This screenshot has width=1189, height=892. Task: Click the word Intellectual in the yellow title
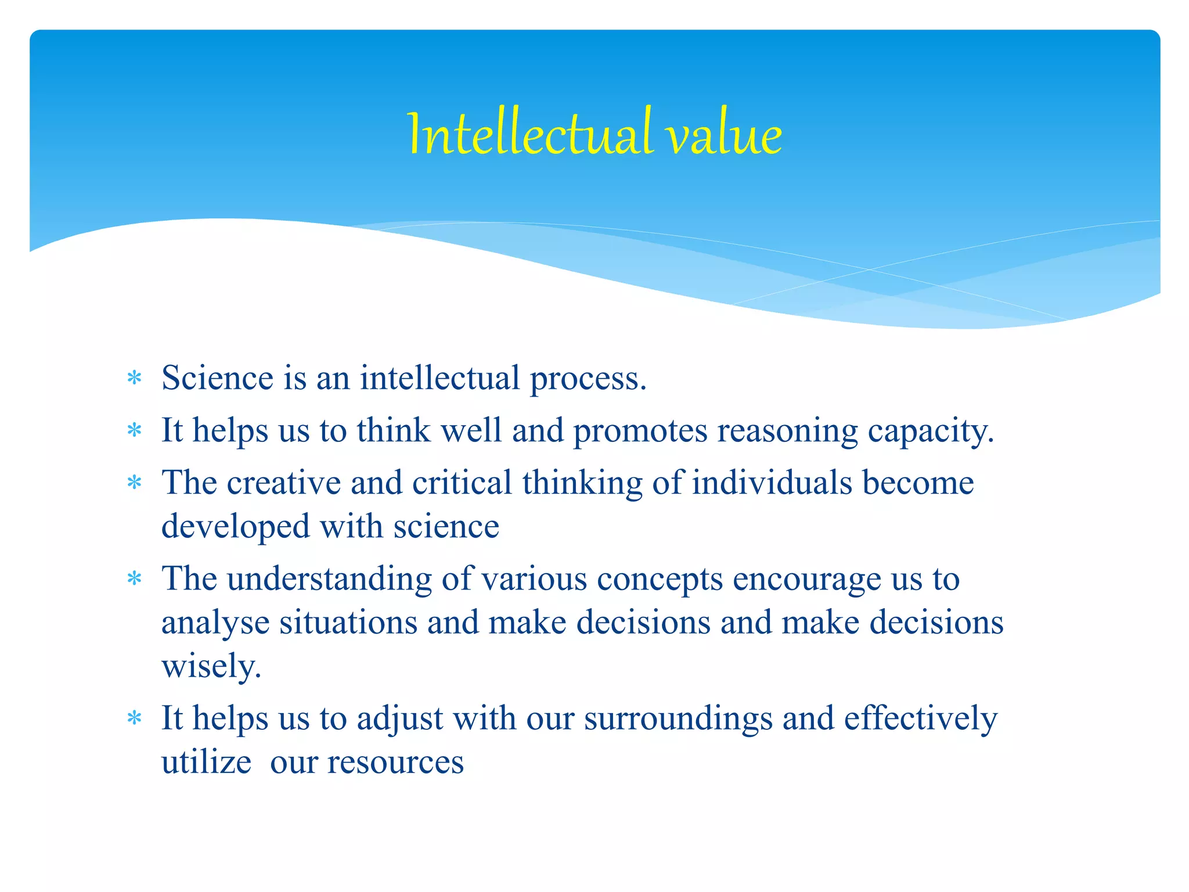(530, 135)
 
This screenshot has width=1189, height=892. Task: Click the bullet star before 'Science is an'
(135, 379)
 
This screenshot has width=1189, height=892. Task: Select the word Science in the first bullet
(217, 378)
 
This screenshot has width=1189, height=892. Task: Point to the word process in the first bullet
(587, 379)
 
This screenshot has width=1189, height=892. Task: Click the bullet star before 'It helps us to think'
(135, 431)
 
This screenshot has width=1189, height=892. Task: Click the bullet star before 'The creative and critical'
(135, 483)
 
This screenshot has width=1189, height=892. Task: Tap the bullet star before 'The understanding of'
(135, 579)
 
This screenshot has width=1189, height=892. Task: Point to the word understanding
(329, 580)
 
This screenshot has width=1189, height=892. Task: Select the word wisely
(211, 667)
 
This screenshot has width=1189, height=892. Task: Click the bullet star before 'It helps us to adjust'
(135, 719)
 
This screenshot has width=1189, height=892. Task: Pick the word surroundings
(678, 719)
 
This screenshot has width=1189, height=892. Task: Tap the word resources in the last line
(395, 762)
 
